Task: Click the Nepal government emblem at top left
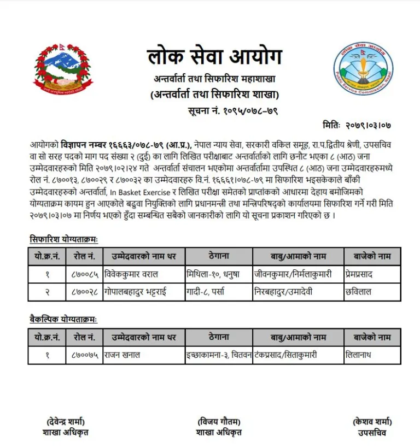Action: pyautogui.click(x=63, y=69)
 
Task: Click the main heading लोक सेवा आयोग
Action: pyautogui.click(x=214, y=56)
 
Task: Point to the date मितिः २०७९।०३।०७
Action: pyautogui.click(x=357, y=125)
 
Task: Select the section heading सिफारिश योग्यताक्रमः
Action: pyautogui.click(x=63, y=239)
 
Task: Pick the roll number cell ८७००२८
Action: pyautogui.click(x=85, y=292)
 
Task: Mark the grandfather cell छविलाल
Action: pyautogui.click(x=358, y=292)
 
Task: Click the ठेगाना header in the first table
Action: pyautogui.click(x=219, y=256)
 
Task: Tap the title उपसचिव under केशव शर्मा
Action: pyautogui.click(x=372, y=433)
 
